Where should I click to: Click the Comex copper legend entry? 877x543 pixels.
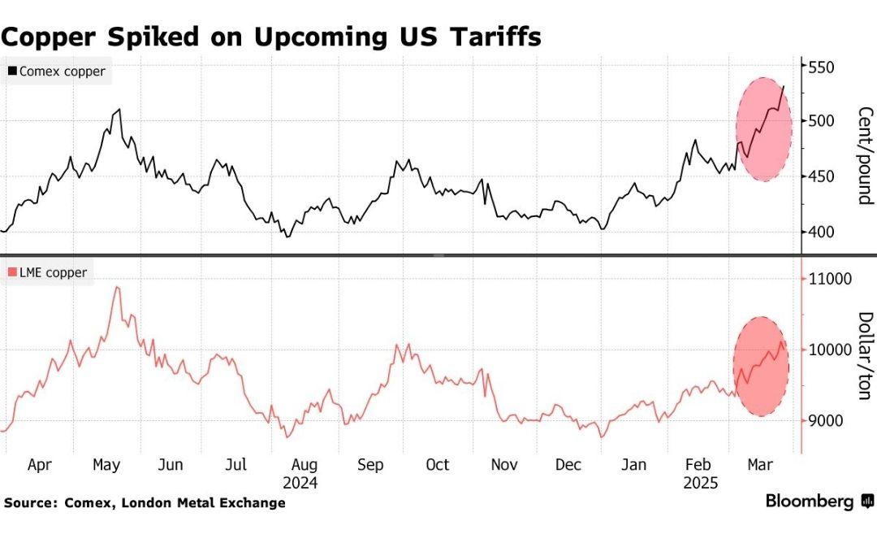tap(56, 72)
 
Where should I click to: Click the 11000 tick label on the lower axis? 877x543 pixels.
tap(827, 279)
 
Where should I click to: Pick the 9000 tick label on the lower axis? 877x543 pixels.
tap(824, 420)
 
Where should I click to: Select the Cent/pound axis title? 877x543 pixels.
tap(863, 155)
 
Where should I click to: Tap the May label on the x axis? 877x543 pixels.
tap(106, 465)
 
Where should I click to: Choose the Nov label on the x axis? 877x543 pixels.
tap(504, 465)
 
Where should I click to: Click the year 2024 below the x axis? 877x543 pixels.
tap(301, 482)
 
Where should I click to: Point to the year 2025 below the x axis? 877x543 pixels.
tap(701, 482)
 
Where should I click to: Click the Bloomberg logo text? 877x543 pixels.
tap(809, 502)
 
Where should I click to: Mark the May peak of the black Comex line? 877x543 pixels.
tap(119, 109)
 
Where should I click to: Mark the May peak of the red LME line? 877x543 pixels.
tap(118, 287)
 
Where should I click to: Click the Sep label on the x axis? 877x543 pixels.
tap(370, 465)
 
